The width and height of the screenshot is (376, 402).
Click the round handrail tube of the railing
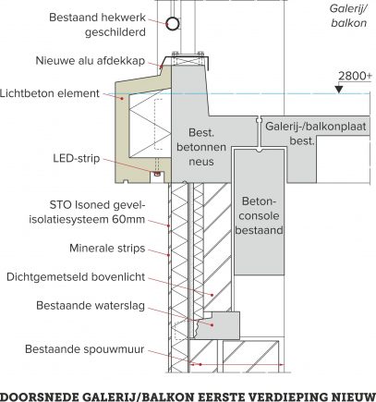point(173,23)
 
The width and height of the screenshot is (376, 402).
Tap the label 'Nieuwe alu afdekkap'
point(91,61)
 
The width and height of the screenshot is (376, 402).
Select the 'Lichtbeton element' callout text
point(50,93)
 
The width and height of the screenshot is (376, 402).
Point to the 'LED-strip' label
point(77,158)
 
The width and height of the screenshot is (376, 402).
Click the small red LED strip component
point(157,174)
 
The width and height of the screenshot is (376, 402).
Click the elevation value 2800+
point(355,76)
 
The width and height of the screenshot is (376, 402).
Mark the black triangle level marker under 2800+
point(339,89)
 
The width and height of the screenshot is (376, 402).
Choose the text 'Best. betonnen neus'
point(201,147)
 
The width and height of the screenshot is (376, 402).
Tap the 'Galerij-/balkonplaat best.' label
point(315,133)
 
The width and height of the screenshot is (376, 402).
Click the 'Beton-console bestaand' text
point(259,215)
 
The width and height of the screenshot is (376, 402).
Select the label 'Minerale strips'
point(107,249)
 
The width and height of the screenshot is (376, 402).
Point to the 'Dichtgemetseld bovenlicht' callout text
point(76,277)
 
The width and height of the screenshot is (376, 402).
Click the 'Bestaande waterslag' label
point(91,306)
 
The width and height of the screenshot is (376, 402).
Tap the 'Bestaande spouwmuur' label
point(85,349)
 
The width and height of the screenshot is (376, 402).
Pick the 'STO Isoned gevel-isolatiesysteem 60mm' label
point(87,213)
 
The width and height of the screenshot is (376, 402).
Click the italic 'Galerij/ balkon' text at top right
point(348,16)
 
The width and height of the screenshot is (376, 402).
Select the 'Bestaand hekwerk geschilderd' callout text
point(97,25)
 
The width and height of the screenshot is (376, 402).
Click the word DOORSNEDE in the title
point(38,396)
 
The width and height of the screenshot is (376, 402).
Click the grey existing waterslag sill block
point(218,325)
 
